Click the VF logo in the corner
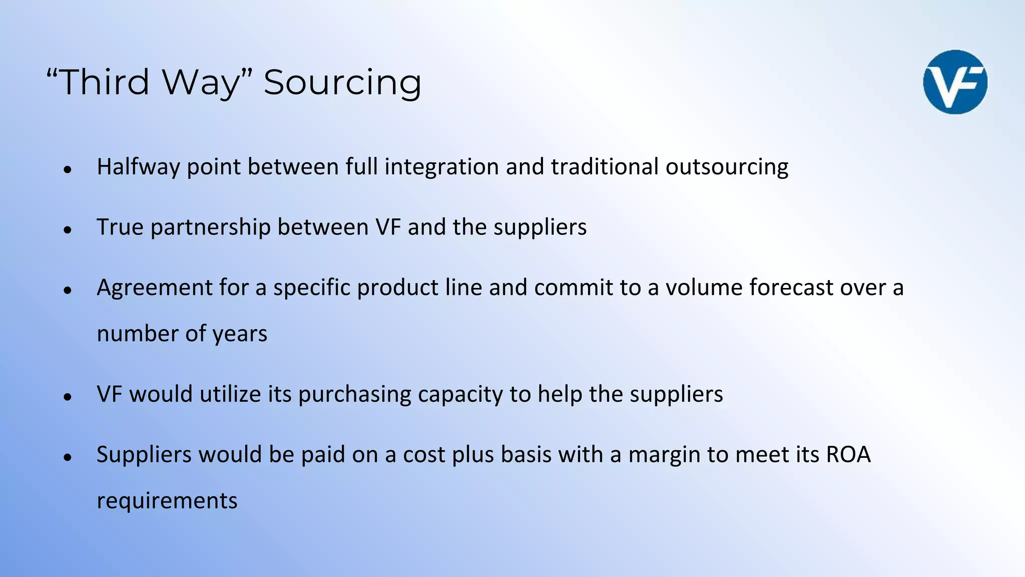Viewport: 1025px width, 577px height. click(x=955, y=82)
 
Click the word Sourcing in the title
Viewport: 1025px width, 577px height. click(x=342, y=83)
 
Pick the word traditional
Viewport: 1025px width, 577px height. click(x=605, y=167)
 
